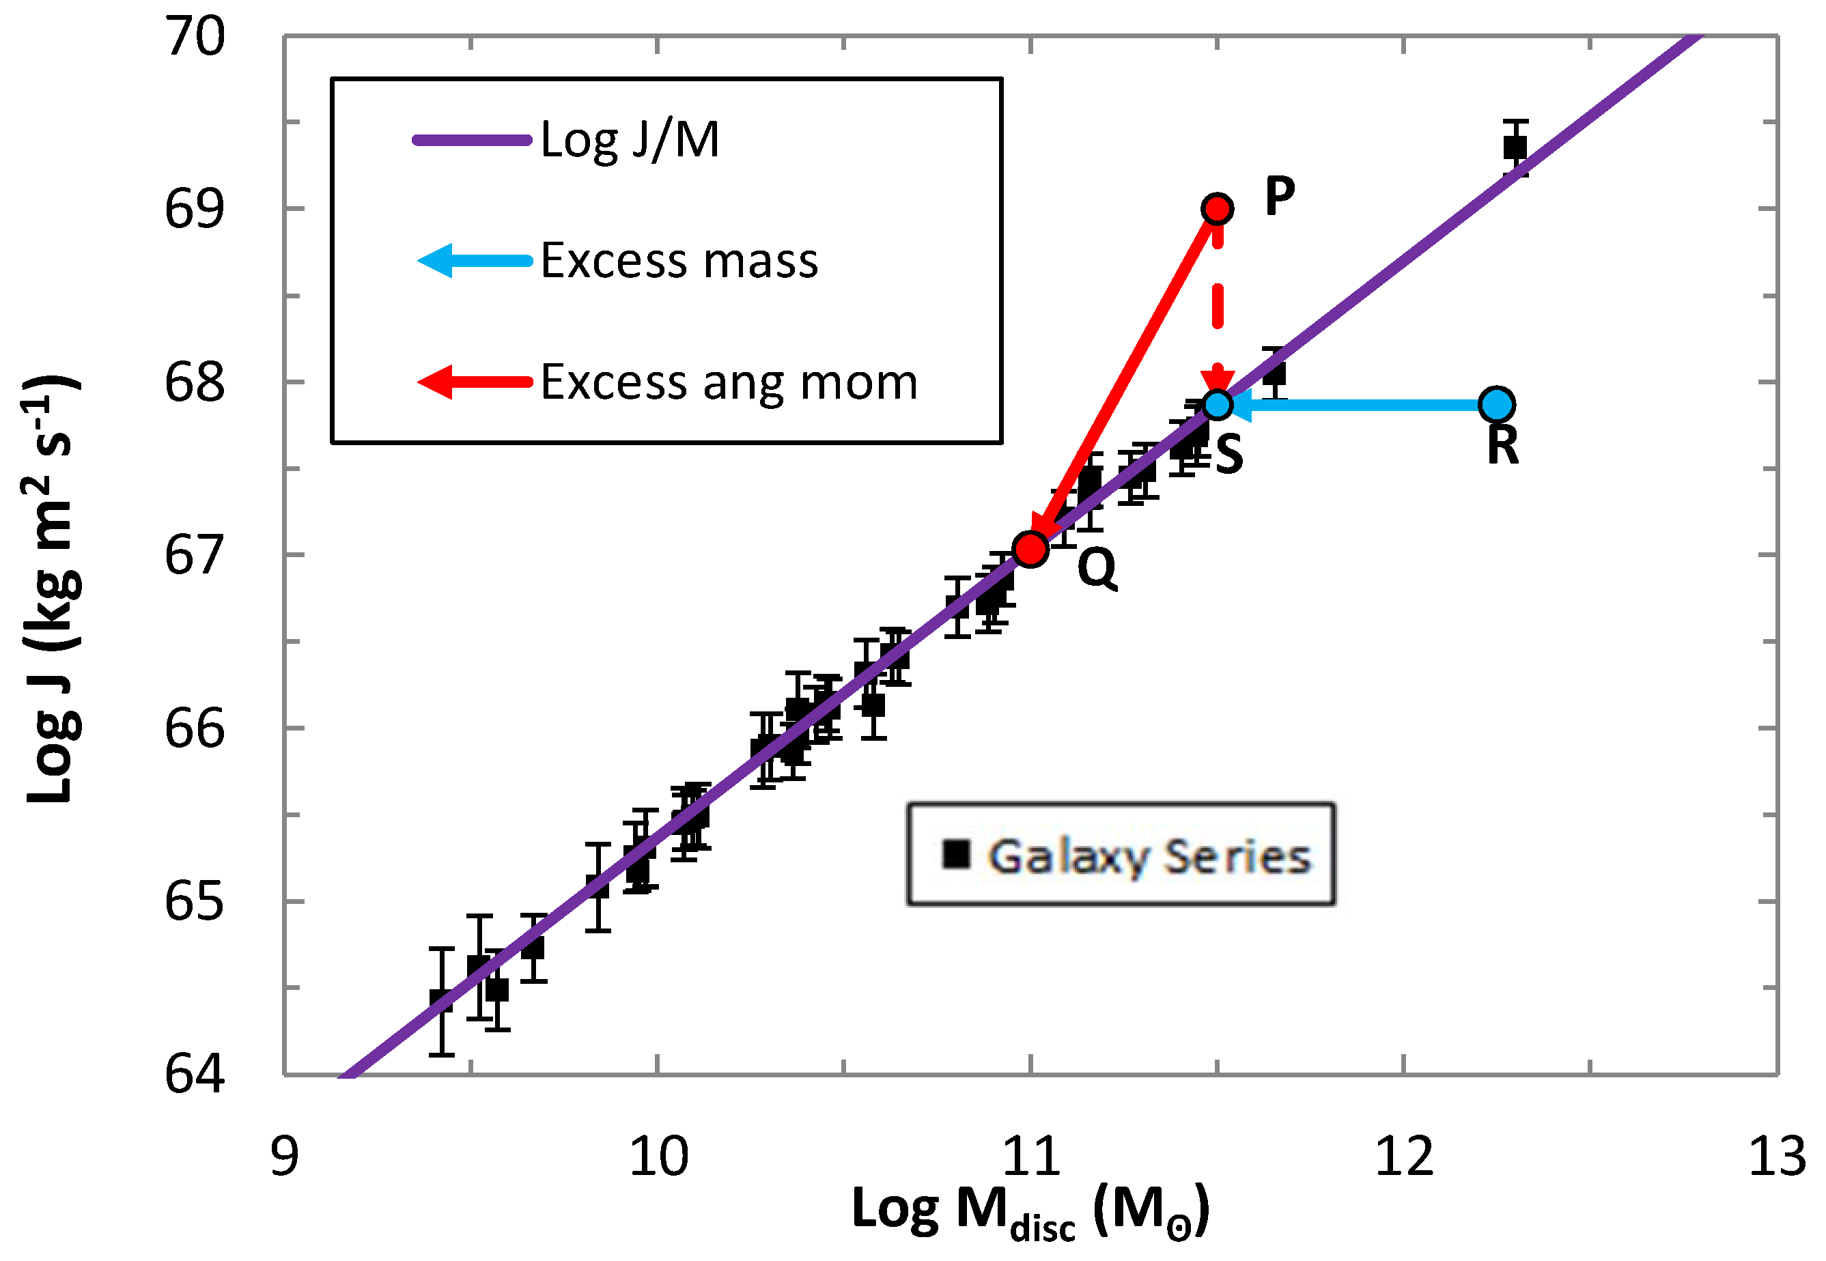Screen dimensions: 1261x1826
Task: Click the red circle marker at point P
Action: tap(1217, 209)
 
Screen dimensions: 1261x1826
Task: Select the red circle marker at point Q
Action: tap(1030, 549)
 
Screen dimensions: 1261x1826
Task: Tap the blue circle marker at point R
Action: tap(1496, 405)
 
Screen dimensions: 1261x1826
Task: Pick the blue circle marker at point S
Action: tap(1218, 405)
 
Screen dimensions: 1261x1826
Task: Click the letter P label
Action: tap(1280, 195)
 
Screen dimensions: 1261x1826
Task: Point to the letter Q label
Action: tap(1097, 567)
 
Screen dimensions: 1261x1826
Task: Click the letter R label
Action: tap(1502, 445)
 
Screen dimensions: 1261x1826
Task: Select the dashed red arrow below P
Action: tap(1218, 308)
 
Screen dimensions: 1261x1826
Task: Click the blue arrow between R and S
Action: tap(1359, 405)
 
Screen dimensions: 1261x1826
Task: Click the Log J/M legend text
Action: tap(630, 140)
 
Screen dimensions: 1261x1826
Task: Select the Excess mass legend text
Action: tap(679, 261)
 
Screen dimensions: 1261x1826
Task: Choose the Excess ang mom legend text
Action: tap(729, 382)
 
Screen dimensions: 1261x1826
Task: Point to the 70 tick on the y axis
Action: tap(195, 36)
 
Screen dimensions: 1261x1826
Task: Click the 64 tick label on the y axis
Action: tap(195, 1075)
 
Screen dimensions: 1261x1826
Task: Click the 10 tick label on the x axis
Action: tap(658, 1157)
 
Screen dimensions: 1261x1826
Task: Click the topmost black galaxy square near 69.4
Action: tap(1515, 147)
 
